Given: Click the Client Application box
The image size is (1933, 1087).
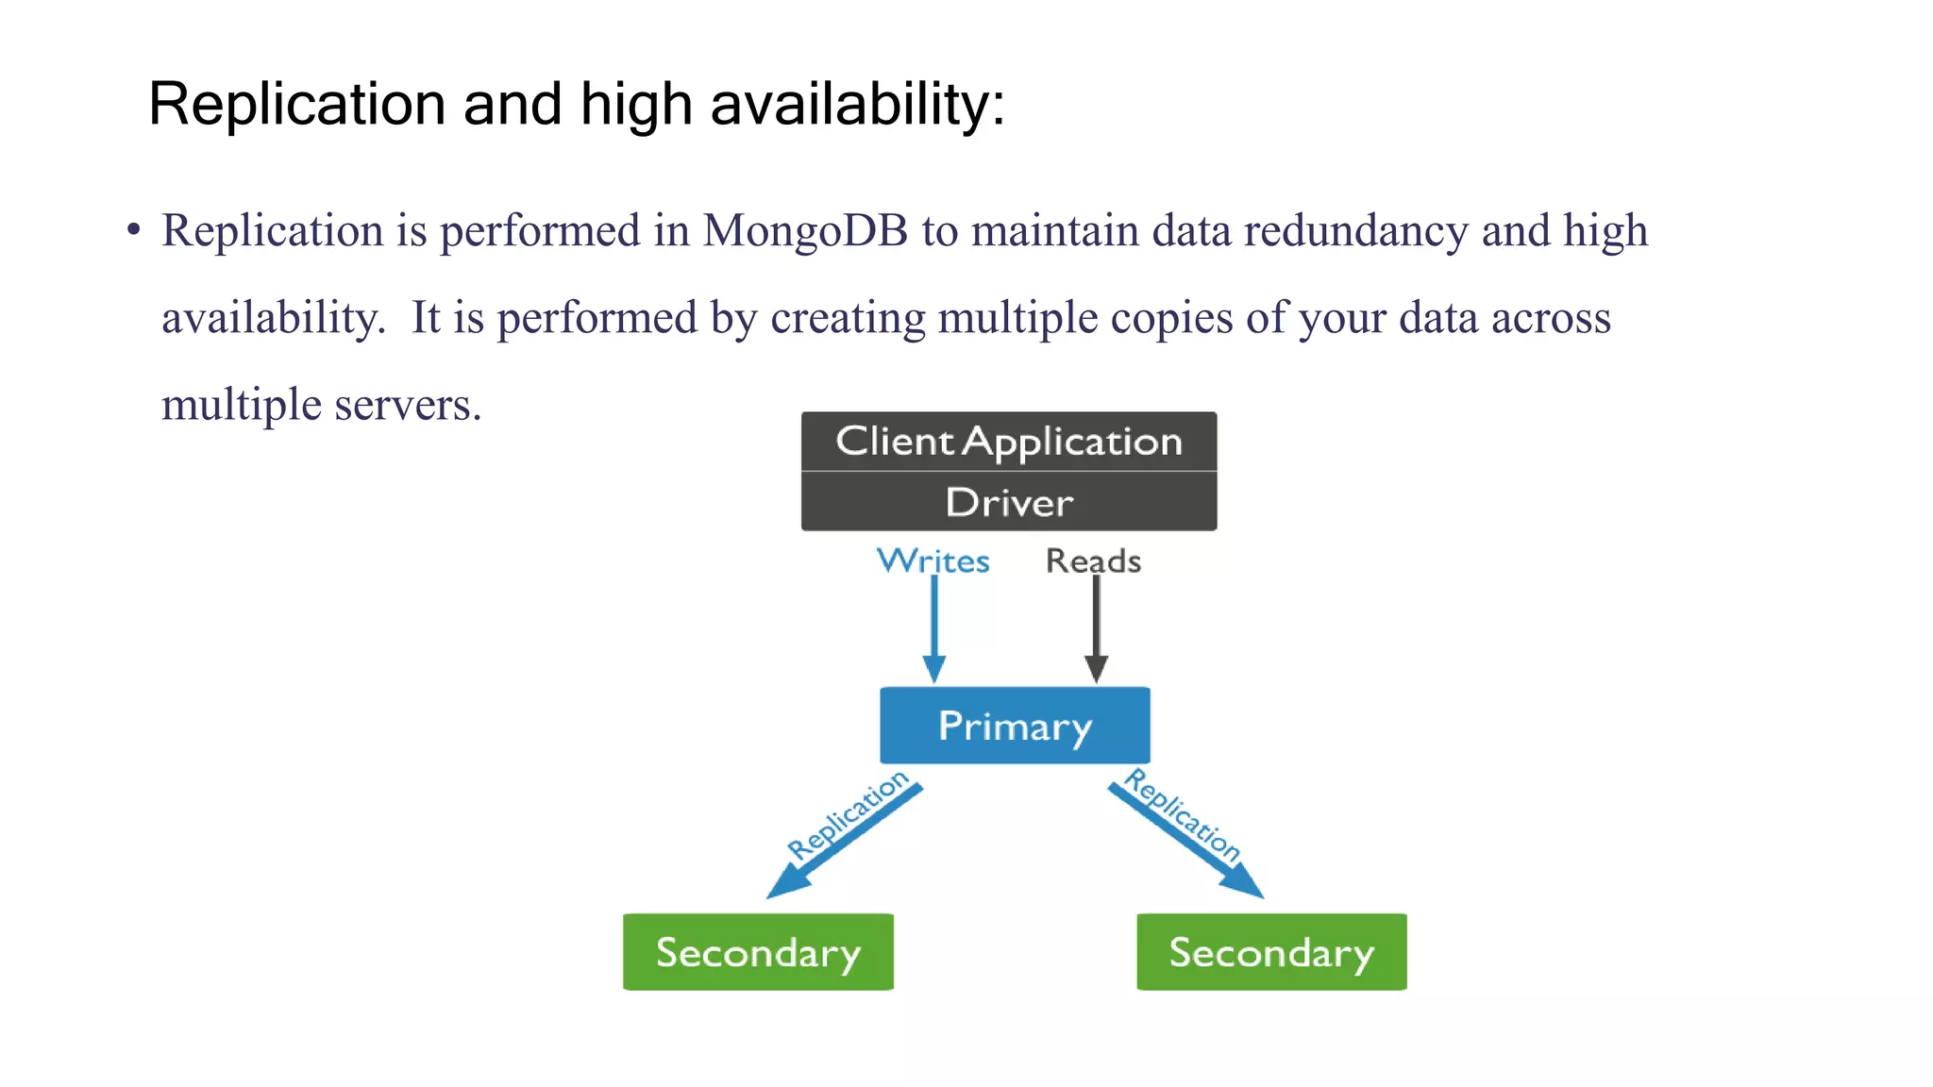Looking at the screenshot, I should (x=1008, y=442).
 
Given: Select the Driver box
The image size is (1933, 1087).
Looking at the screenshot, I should (x=1008, y=502).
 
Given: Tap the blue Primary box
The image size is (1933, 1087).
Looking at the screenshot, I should (x=1015, y=726).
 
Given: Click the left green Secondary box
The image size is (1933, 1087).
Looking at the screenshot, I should (x=758, y=952).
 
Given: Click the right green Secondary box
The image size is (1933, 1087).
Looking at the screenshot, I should (x=1271, y=952).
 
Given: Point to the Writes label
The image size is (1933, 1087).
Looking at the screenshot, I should (x=933, y=561).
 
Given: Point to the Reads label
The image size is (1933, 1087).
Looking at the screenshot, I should (x=1093, y=561).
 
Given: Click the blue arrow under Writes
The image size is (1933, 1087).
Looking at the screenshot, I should (x=933, y=627).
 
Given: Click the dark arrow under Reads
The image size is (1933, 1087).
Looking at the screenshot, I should (x=1096, y=627).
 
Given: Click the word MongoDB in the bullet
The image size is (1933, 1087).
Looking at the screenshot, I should (x=804, y=231).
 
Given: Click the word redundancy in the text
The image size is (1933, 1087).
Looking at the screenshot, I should (x=1355, y=231).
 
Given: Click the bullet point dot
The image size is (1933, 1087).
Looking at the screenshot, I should (x=134, y=229).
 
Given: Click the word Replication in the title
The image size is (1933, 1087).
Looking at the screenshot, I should (x=296, y=104).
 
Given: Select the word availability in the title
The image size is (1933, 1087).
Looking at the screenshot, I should (x=857, y=104).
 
